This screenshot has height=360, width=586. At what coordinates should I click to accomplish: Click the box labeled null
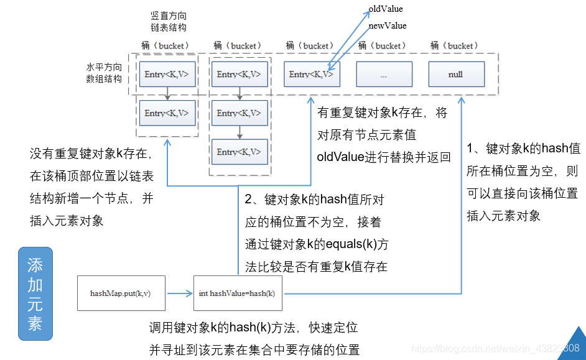[455, 74]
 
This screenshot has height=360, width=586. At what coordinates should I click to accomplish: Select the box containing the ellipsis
[383, 74]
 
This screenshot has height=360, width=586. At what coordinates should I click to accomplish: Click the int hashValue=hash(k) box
[238, 293]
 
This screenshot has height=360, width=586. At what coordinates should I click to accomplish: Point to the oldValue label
[386, 9]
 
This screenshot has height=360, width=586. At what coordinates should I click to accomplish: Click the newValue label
[387, 25]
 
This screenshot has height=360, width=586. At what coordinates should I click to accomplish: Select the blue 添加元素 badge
[35, 293]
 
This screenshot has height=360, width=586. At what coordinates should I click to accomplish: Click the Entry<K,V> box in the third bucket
[311, 74]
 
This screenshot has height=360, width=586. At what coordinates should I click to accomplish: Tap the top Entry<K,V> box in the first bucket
[167, 74]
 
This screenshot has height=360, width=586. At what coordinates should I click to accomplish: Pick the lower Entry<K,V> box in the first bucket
[167, 113]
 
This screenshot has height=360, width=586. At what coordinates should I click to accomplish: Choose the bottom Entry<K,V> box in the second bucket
[239, 152]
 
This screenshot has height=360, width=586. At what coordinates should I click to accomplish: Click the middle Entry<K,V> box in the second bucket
[239, 113]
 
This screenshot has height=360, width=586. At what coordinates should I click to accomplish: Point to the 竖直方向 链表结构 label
[168, 21]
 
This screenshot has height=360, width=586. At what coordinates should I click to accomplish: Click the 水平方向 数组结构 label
[104, 72]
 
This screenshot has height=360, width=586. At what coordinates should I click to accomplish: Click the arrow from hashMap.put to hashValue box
[179, 293]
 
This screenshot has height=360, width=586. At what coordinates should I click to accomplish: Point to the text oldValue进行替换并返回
[383, 157]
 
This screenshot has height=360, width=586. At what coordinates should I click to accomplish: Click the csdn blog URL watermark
[496, 348]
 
